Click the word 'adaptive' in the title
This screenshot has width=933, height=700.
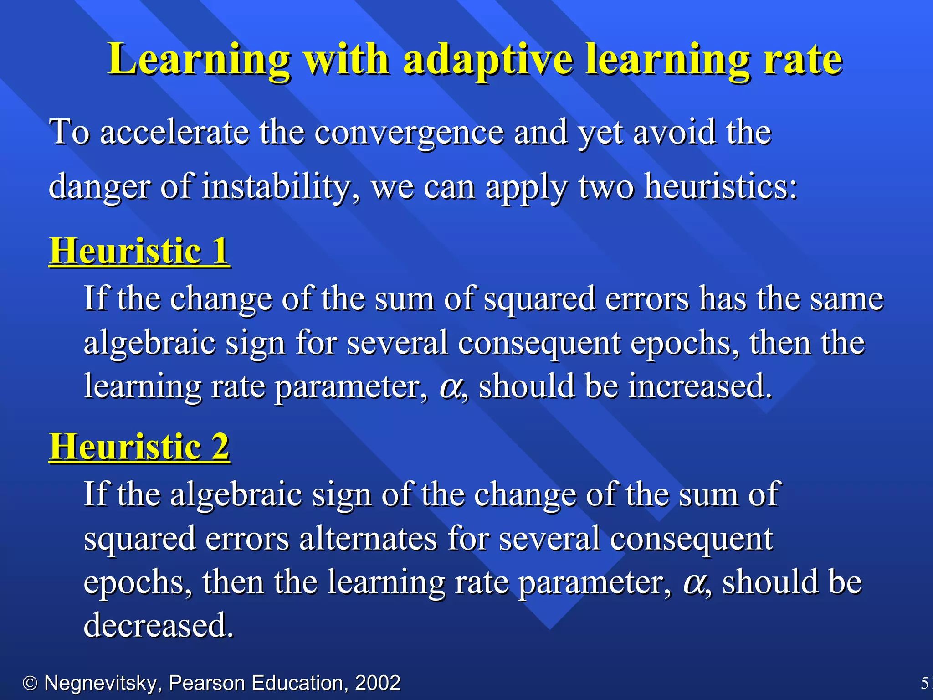point(487,59)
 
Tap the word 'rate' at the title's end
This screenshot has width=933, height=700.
point(803,59)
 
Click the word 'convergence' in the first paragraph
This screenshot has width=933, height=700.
point(409,132)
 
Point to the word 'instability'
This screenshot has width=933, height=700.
point(278,187)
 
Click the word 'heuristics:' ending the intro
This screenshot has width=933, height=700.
point(721,187)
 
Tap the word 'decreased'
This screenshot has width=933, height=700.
point(158,625)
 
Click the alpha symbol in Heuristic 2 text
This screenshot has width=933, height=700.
point(693,583)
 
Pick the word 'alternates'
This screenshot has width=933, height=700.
point(368,539)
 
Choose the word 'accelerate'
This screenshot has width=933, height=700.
point(174,132)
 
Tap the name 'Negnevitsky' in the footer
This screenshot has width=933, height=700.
point(101,683)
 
